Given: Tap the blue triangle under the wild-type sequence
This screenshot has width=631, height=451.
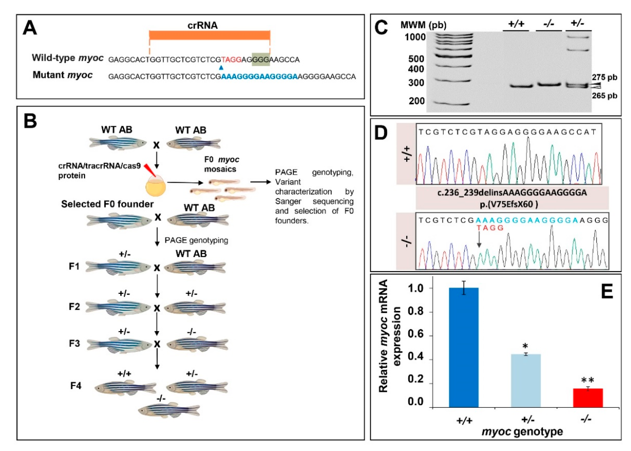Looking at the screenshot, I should coord(221,67).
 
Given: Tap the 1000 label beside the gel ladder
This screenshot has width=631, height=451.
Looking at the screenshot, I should coord(415,37).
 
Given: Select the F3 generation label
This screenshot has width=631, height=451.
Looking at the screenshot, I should coord(74,344).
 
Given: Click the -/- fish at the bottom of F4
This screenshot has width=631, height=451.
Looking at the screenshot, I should coord(169,410).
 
